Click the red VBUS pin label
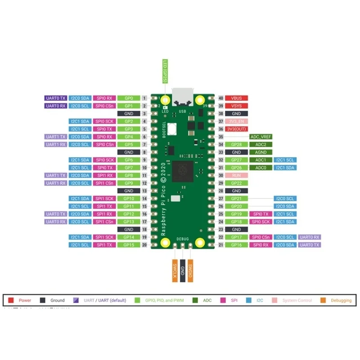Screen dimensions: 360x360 237,98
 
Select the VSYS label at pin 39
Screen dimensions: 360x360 237,106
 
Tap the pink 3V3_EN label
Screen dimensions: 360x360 237,121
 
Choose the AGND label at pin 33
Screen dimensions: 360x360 261,152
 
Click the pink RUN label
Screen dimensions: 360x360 237,175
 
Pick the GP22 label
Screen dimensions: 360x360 237,183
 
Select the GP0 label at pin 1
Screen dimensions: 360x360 129,98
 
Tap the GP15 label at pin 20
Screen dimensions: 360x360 129,245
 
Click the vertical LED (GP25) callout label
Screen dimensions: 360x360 165,71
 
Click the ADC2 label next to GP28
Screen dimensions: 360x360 261,144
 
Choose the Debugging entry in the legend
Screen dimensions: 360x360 337,300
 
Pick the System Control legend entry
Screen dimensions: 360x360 294,300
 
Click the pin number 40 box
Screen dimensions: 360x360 220,98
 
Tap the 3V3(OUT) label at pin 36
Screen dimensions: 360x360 237,129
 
